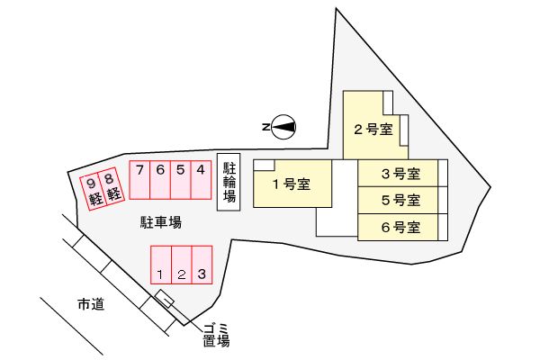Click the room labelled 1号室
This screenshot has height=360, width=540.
291,184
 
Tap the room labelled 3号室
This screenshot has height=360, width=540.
400,173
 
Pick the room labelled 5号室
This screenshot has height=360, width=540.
400,200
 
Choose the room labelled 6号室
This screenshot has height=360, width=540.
400,227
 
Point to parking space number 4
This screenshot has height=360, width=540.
202,179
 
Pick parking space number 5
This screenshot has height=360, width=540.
181,179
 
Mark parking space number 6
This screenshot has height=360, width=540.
159,179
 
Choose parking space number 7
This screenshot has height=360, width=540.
139,179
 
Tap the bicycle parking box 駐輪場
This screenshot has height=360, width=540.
229,182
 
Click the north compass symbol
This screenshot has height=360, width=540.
283,128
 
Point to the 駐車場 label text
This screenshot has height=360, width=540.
161,220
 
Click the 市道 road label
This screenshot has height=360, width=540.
90,305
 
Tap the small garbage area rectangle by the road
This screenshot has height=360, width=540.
165,299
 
